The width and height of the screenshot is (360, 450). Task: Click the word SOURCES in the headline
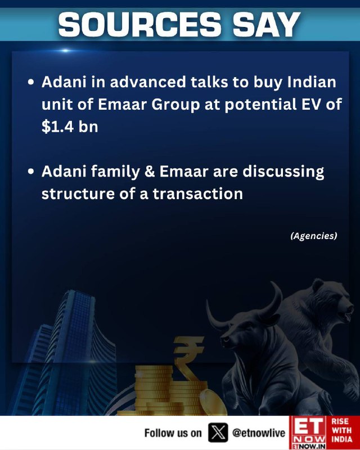coord(140,25)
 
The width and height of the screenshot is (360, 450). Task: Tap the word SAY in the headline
coord(267,25)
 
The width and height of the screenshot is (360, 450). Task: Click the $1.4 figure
coord(58,126)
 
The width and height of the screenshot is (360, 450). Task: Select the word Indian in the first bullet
coord(312,82)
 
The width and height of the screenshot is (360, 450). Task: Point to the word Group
coord(175,105)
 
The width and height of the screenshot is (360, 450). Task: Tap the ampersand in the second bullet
coord(150,172)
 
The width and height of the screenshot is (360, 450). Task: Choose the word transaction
coord(198,193)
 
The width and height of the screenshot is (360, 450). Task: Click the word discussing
coord(283,172)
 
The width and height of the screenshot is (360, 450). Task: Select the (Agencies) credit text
coord(314,236)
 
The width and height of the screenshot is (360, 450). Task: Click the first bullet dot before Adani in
coord(31,82)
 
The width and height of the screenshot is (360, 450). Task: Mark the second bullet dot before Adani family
coord(31,172)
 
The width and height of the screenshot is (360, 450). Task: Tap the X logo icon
coord(218,433)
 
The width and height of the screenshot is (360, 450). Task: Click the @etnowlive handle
coord(259,433)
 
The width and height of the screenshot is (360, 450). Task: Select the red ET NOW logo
coord(308,433)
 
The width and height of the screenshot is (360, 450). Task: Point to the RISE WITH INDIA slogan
coord(341,430)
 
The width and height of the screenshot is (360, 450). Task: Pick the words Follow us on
coord(173,433)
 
